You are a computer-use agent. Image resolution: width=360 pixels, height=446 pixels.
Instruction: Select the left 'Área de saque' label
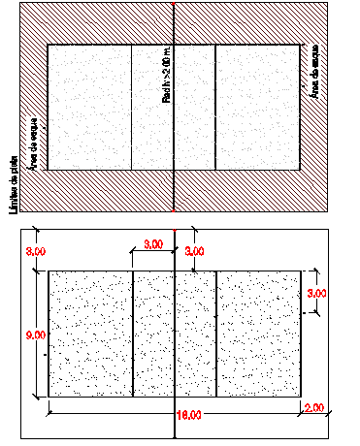(x=35, y=145)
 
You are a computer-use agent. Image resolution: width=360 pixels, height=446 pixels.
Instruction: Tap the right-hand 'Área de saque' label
(x=315, y=69)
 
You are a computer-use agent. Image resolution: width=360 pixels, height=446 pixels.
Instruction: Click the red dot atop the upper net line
(x=173, y=4)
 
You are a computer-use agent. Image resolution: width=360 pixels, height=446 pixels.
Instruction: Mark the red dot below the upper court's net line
(x=173, y=208)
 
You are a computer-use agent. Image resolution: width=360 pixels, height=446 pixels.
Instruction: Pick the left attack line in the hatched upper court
(x=131, y=107)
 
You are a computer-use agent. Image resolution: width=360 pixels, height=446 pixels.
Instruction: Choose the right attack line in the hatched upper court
(x=215, y=107)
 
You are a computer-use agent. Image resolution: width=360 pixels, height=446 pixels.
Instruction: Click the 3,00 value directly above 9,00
(x=35, y=251)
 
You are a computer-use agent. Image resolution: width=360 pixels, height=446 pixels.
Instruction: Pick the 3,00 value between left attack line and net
(x=152, y=244)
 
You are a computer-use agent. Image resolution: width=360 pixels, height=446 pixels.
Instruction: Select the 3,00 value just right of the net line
(x=194, y=251)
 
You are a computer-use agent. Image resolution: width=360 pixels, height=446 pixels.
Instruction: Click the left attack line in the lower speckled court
(x=132, y=334)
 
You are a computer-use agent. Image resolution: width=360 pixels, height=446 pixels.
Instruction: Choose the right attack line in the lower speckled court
(x=215, y=334)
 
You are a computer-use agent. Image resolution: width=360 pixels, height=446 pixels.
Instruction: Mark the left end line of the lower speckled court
(x=49, y=334)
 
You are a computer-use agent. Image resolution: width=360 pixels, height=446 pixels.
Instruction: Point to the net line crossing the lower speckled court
(x=174, y=334)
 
